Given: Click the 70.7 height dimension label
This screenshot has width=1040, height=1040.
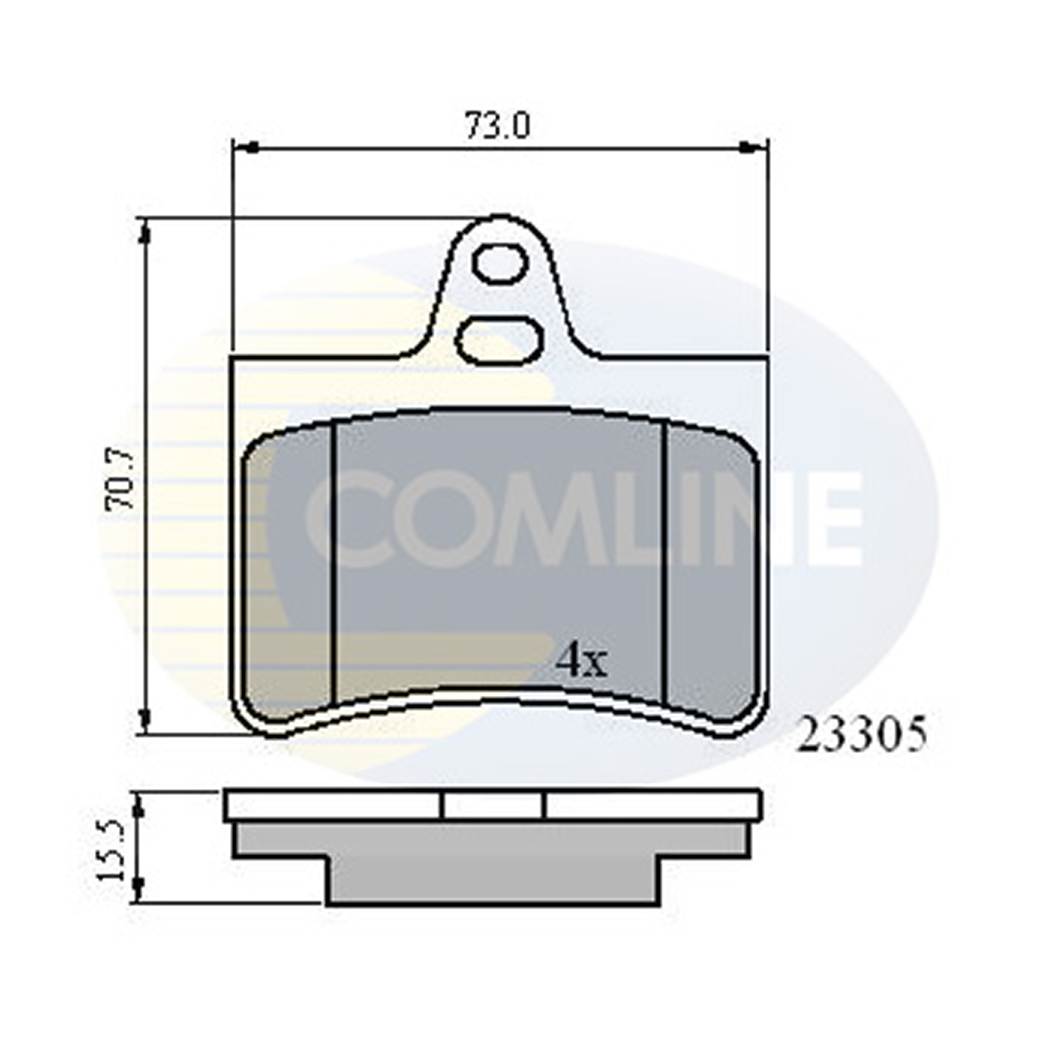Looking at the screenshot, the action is (120, 480).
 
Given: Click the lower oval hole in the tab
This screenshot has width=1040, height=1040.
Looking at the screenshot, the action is (499, 340).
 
